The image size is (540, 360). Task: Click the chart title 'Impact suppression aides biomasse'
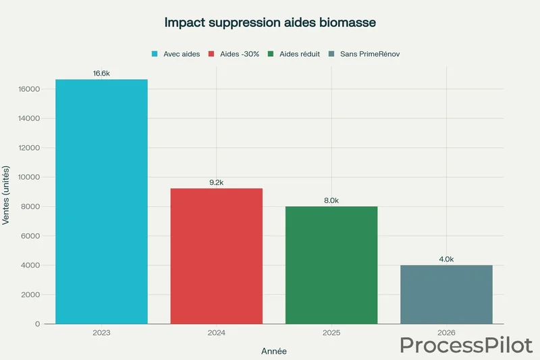tap(270, 22)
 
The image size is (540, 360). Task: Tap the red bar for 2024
tap(216, 256)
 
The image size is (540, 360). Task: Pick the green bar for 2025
tap(331, 265)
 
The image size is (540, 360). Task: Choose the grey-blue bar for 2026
tap(446, 294)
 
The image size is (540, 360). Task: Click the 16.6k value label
tap(101, 73)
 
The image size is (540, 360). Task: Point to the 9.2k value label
tap(216, 182)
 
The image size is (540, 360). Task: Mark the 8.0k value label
tap(331, 201)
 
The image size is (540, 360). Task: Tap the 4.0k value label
tap(446, 259)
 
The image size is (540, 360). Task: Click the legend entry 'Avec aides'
tap(176, 54)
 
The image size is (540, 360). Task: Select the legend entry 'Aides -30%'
tap(234, 54)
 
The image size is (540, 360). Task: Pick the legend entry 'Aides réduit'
tap(294, 54)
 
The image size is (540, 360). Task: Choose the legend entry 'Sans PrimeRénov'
tap(365, 54)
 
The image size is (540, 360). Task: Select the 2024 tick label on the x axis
tap(216, 333)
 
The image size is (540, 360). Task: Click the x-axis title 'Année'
tap(274, 351)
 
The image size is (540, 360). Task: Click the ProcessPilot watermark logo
tap(466, 344)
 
